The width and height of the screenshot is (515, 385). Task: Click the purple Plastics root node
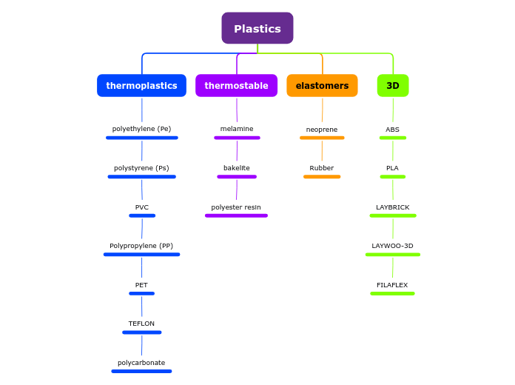pos(257,28)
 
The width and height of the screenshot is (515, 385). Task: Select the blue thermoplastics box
pos(141,85)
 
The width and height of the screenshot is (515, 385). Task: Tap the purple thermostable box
pos(236,85)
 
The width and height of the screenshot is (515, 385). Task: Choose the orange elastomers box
pos(322,85)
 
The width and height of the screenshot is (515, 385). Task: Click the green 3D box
pos(393,85)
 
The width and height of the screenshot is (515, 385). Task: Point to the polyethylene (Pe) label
pos(141,129)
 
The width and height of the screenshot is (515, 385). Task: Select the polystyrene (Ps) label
pos(141,168)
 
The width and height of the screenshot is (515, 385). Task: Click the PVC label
pos(142,207)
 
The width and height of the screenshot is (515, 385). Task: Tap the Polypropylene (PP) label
pos(141,246)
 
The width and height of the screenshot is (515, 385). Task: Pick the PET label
pos(141,285)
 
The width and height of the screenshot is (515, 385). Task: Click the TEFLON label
pos(141,324)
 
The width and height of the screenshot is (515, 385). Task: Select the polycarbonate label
pos(141,363)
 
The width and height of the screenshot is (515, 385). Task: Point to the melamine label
pos(237,129)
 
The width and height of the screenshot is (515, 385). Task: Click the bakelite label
pos(237,168)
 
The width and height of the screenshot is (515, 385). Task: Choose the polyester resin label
pos(236,207)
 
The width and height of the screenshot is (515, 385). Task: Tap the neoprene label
pos(322,130)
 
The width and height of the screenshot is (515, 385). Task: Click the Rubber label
pos(322,168)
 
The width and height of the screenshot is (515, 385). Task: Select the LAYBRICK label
pos(392,207)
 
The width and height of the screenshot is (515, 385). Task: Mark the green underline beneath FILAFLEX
pos(392,293)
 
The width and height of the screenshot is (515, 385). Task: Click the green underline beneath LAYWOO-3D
pos(392,255)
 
